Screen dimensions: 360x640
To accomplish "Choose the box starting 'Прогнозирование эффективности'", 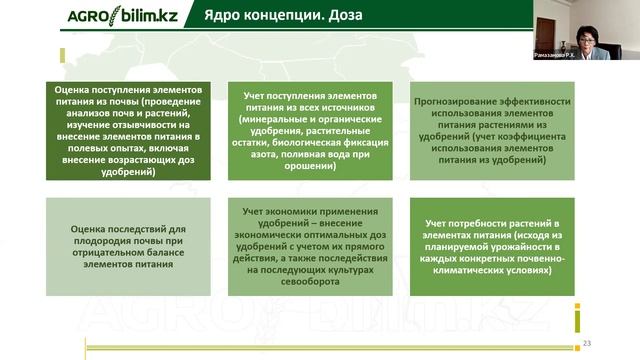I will pyautogui.click(x=492, y=130).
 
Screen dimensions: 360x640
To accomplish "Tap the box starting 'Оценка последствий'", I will pyautogui.click(x=129, y=247).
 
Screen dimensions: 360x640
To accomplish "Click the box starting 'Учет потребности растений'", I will pyautogui.click(x=492, y=247).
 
